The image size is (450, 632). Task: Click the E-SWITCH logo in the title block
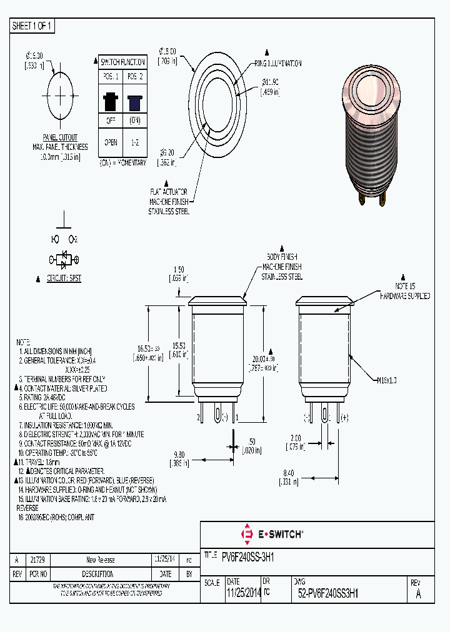(272, 534)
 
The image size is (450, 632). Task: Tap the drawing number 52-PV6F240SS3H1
(328, 594)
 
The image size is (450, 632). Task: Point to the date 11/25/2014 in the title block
(244, 594)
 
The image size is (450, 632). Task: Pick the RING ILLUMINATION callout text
(277, 64)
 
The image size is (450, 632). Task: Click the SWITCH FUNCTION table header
(123, 62)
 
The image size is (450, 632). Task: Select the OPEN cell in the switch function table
(111, 142)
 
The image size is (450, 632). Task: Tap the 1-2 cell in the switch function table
(134, 142)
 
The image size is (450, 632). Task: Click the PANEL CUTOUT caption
(60, 137)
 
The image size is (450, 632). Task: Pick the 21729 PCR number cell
(37, 560)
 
